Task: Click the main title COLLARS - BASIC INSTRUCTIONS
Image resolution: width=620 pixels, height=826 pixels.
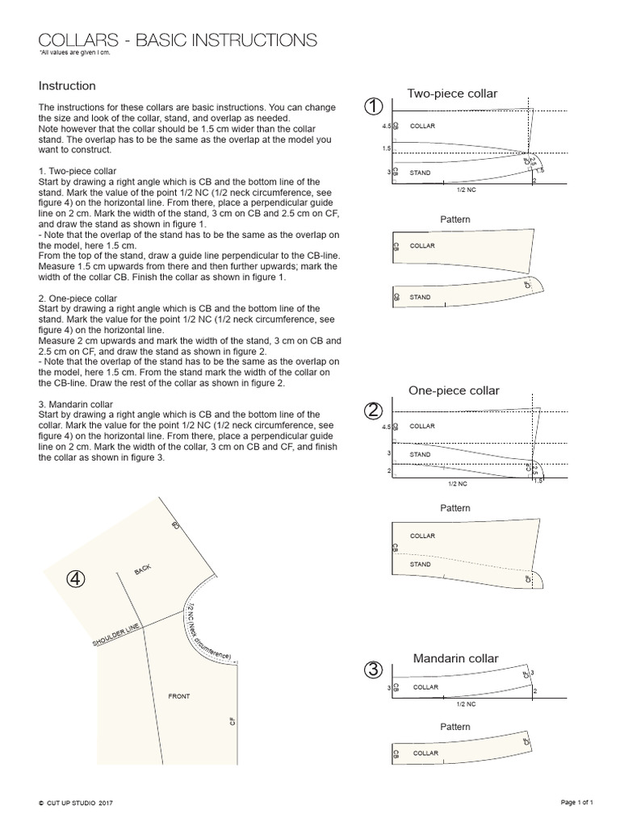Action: tap(178, 40)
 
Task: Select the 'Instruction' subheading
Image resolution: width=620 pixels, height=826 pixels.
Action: tap(67, 86)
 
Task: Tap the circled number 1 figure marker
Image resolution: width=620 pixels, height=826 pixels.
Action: tap(373, 106)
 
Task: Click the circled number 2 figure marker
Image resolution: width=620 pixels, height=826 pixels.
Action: tap(373, 411)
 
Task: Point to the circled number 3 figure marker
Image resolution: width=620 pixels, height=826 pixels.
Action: tap(373, 670)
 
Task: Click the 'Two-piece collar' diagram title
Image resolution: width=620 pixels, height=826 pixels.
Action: tap(452, 94)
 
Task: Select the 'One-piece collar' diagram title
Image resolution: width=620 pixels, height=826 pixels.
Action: tap(454, 390)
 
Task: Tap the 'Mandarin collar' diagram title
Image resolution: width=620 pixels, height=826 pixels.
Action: tap(455, 659)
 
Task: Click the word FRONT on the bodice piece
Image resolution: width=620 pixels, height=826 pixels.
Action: tap(178, 696)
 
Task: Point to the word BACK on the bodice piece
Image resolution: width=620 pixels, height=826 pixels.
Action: tap(143, 569)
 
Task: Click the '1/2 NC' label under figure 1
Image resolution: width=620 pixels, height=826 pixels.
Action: tap(466, 190)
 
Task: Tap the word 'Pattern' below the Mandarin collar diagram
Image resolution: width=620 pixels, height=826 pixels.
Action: tap(455, 727)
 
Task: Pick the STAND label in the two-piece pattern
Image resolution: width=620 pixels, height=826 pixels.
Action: tap(420, 298)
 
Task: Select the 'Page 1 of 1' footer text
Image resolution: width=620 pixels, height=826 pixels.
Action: tap(577, 803)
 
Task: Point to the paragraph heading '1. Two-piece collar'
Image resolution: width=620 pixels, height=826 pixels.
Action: tap(77, 172)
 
